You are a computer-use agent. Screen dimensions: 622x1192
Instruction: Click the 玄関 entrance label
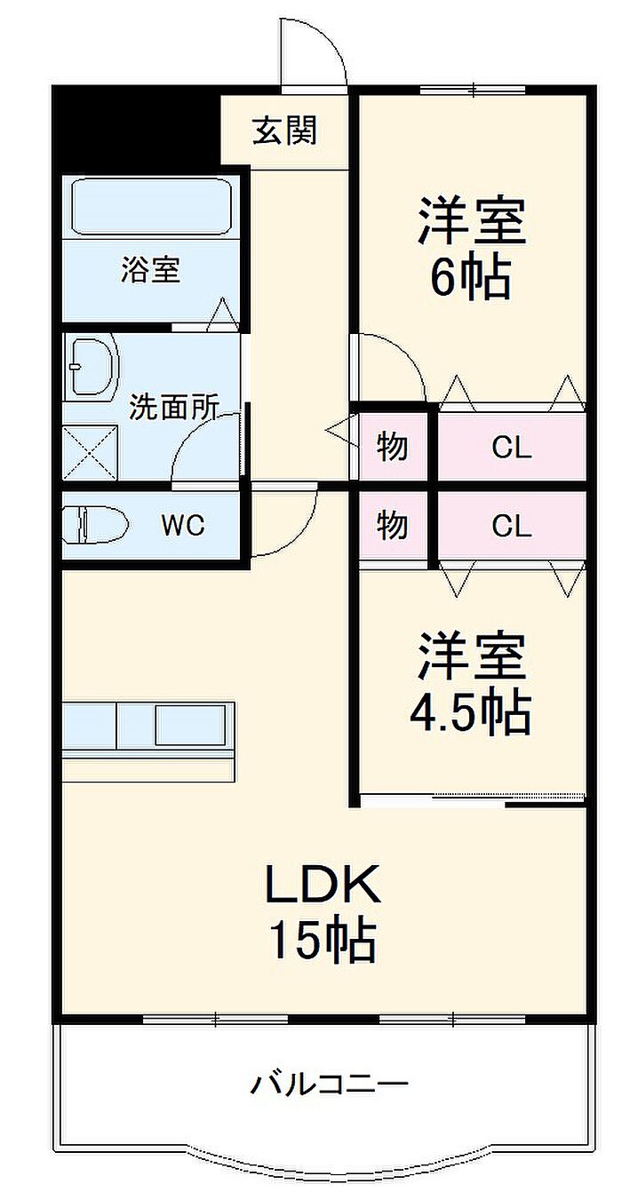pyautogui.click(x=285, y=131)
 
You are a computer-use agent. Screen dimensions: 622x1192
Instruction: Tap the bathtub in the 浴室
pyautogui.click(x=151, y=206)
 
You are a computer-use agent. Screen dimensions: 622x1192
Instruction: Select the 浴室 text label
pyautogui.click(x=151, y=269)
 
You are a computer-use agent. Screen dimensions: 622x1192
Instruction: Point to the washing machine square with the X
pyautogui.click(x=90, y=452)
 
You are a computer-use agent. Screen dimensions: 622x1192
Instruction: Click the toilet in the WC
pyautogui.click(x=96, y=526)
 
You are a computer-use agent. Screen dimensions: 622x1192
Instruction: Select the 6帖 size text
pyautogui.click(x=471, y=277)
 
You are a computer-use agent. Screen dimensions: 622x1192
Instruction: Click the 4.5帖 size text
pyautogui.click(x=471, y=712)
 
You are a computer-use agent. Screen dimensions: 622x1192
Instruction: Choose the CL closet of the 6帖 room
pyautogui.click(x=512, y=447)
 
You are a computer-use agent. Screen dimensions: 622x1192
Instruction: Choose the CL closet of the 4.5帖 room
pyautogui.click(x=512, y=526)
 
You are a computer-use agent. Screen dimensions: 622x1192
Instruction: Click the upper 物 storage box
pyautogui.click(x=393, y=447)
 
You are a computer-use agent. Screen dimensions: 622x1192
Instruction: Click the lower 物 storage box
pyautogui.click(x=393, y=526)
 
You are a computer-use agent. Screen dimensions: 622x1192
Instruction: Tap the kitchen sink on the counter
pyautogui.click(x=189, y=726)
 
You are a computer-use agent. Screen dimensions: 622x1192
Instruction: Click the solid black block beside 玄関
pyautogui.click(x=137, y=128)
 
